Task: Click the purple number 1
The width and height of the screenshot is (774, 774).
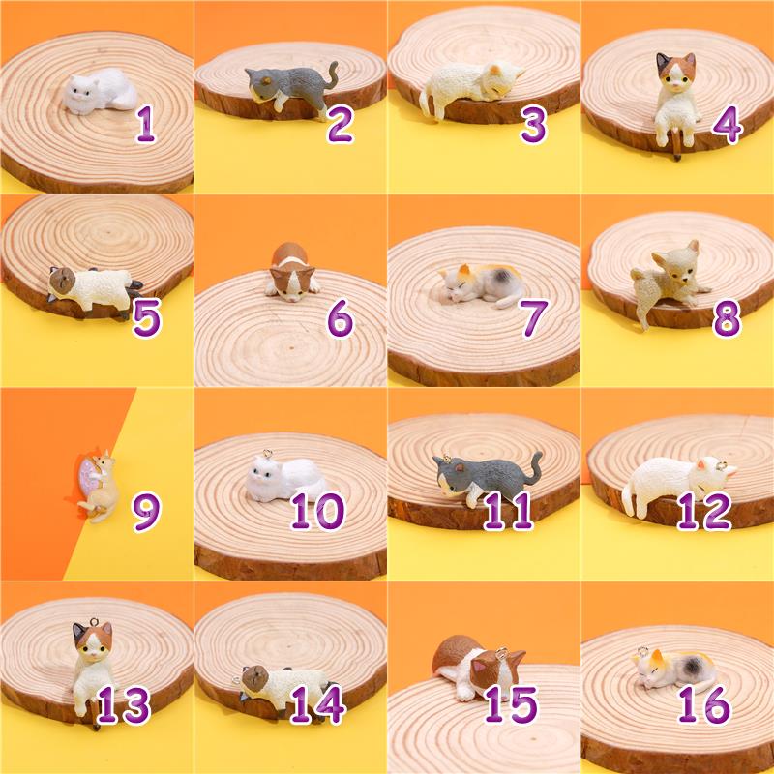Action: point(146,124)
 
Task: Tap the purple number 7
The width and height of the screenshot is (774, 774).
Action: point(534,317)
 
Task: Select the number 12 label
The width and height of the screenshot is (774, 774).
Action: point(704,511)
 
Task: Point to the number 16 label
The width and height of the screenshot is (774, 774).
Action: point(704,704)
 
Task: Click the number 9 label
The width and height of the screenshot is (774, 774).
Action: point(146,512)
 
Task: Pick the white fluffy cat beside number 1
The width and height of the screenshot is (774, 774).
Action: point(101,92)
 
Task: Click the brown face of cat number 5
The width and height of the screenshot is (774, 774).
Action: point(63,281)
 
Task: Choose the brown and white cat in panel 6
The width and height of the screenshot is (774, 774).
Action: point(291,272)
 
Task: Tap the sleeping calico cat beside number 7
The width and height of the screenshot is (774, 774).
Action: point(482,284)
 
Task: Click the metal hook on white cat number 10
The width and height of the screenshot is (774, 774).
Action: point(267,453)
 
